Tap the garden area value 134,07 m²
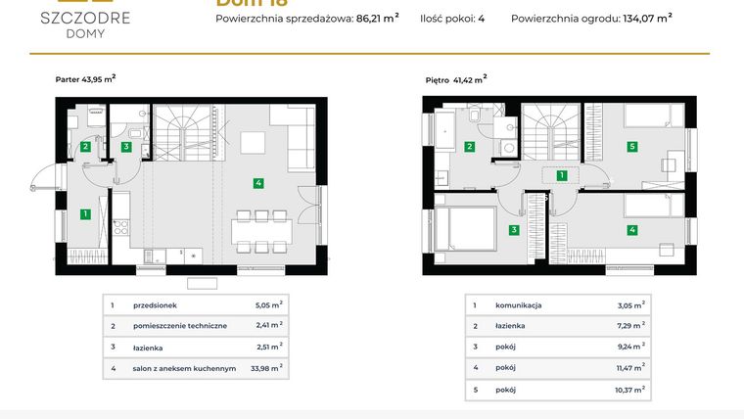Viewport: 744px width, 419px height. pyautogui.click(x=647, y=17)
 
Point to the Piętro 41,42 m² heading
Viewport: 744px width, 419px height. pyautogui.click(x=456, y=79)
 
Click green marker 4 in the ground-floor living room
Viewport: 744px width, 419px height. pyautogui.click(x=258, y=182)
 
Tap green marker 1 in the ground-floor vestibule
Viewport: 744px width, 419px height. pyautogui.click(x=86, y=213)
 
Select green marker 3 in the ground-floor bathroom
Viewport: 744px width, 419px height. pyautogui.click(x=126, y=147)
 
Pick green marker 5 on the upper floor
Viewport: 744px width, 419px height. pyautogui.click(x=632, y=147)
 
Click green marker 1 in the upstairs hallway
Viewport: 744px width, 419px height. pyautogui.click(x=562, y=176)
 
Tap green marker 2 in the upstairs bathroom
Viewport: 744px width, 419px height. pyautogui.click(x=470, y=147)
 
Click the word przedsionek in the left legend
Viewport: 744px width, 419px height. pyautogui.click(x=147, y=305)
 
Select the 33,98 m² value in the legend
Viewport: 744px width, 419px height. pyautogui.click(x=264, y=368)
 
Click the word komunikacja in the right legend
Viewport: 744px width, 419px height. pyautogui.click(x=519, y=305)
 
